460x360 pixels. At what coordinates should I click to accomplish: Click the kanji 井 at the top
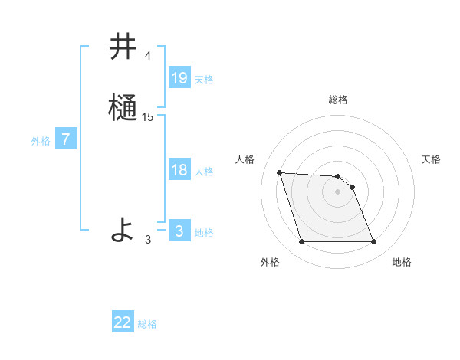point(123,47)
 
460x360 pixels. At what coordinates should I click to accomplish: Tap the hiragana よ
point(123,229)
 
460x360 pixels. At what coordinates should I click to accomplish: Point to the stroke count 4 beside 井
point(148,56)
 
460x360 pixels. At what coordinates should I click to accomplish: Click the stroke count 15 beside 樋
point(148,116)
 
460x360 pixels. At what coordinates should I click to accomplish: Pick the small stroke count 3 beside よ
point(148,239)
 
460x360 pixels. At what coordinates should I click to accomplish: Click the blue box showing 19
point(179,78)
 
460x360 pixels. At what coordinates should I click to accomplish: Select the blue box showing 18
point(179,170)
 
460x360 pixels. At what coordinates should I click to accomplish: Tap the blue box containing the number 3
point(179,231)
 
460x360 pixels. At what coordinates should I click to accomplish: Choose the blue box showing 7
point(66,139)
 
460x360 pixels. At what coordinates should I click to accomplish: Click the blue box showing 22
point(123,322)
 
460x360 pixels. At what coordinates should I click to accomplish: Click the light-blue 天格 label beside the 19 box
point(204,80)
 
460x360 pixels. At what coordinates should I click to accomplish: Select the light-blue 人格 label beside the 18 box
point(204,172)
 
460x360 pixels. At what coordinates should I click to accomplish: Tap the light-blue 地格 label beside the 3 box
point(204,233)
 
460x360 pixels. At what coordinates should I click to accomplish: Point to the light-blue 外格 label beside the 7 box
point(41,141)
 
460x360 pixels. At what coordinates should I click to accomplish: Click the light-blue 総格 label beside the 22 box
point(147,324)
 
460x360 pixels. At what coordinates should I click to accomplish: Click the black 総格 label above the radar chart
point(338,100)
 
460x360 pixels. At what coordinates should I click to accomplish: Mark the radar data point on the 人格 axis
point(280,173)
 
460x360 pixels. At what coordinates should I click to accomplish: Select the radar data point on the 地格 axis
point(373,242)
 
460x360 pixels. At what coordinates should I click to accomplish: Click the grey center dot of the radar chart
point(338,191)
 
